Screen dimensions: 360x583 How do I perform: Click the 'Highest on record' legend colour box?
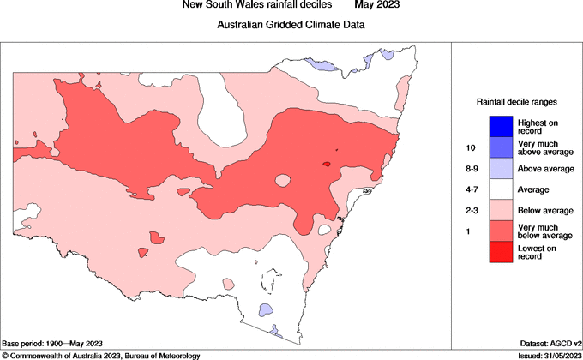(501, 126)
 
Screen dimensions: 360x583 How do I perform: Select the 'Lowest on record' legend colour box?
(501, 252)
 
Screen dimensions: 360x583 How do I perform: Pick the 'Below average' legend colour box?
(501, 210)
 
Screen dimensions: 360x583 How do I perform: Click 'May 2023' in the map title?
(377, 6)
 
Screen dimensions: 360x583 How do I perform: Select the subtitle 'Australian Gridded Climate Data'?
(291, 25)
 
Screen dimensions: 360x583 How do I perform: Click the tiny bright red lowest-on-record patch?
(327, 164)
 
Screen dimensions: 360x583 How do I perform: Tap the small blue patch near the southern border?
(266, 309)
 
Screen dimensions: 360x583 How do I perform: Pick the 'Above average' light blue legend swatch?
(501, 168)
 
